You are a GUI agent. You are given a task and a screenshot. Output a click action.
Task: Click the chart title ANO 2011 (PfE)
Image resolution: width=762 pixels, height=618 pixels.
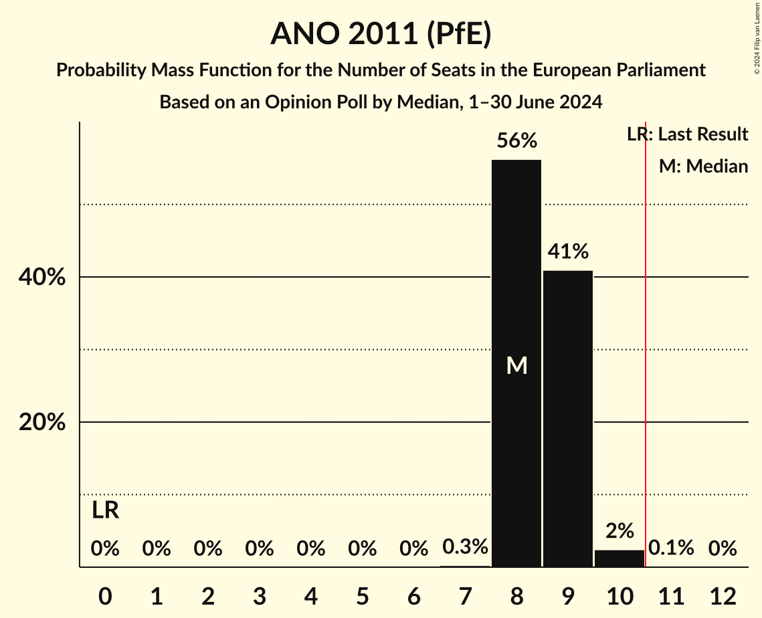[381, 33]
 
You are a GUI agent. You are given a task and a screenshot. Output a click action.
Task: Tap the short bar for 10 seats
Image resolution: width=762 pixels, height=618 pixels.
[620, 558]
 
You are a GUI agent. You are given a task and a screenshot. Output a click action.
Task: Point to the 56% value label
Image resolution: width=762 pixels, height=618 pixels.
[516, 141]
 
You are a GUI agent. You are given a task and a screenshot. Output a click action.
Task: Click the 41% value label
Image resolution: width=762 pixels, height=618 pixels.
[568, 251]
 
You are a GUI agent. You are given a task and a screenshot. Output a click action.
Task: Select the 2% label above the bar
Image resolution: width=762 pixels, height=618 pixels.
[620, 531]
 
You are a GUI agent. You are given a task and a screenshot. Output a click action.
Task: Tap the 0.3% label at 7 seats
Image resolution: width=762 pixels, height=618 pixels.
[465, 547]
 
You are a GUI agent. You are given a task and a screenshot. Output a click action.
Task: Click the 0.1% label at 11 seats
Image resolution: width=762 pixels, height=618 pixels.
[671, 548]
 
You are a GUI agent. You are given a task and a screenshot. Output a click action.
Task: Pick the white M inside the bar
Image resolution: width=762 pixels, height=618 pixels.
[516, 365]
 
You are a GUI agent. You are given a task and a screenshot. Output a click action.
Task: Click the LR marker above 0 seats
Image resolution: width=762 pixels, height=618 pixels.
[105, 510]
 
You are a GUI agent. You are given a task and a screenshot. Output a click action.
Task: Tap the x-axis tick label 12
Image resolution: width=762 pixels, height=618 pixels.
[723, 596]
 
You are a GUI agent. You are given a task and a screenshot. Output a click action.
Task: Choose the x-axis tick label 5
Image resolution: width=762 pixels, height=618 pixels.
[362, 596]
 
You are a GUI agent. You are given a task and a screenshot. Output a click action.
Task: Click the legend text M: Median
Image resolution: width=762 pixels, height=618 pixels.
[703, 166]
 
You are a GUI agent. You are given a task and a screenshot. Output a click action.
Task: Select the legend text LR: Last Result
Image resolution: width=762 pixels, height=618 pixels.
[688, 134]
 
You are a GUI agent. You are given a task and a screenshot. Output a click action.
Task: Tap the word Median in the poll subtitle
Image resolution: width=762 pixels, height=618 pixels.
[425, 102]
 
